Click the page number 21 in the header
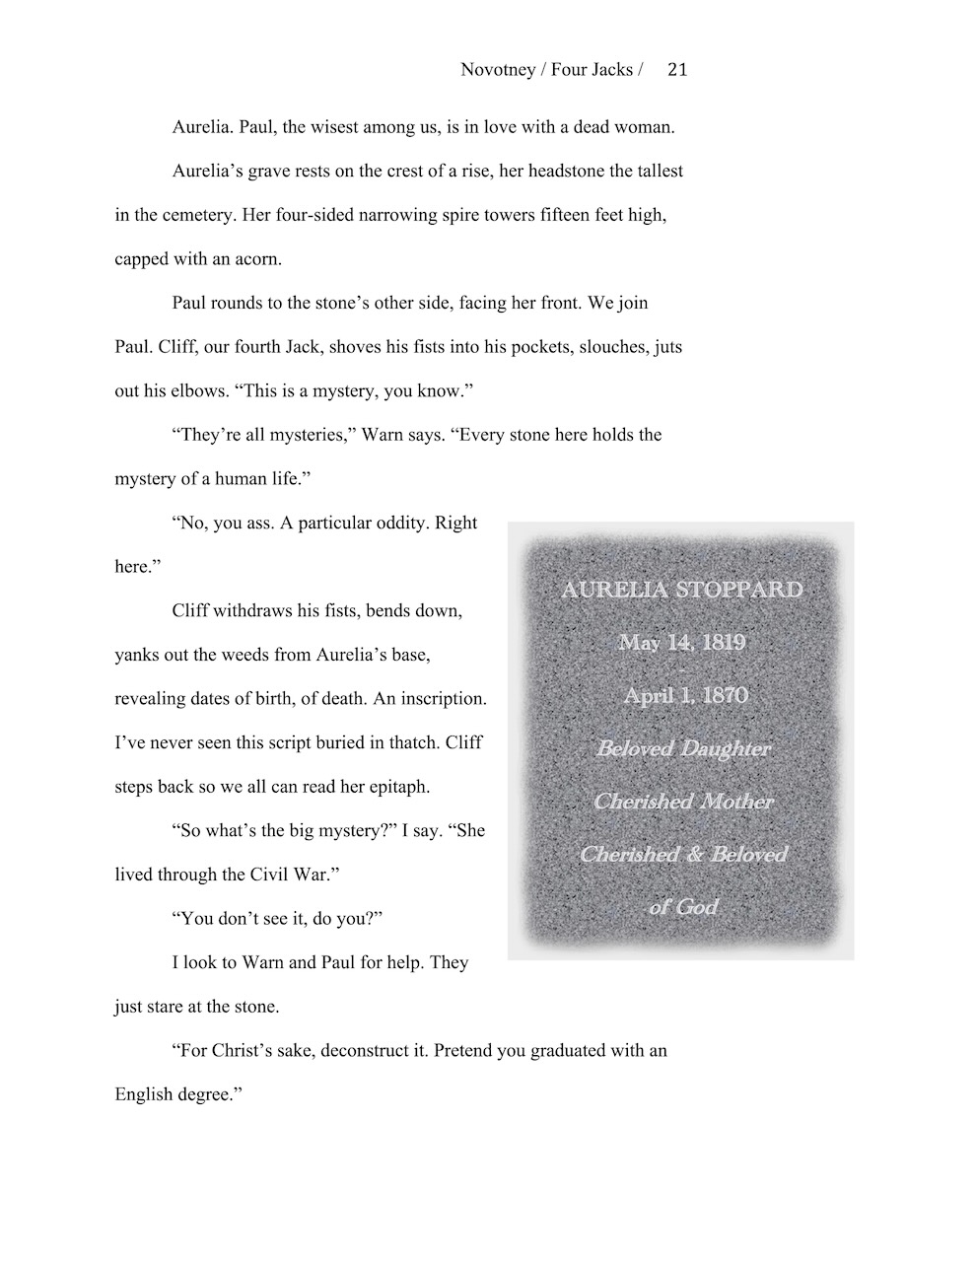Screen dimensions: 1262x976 click(x=677, y=70)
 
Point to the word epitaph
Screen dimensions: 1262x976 click(x=395, y=787)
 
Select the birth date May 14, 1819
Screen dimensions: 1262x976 click(x=681, y=643)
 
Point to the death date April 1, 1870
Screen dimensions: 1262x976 click(x=685, y=696)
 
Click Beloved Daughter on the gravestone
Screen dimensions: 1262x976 click(x=683, y=748)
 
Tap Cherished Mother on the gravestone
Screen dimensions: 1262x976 click(x=683, y=802)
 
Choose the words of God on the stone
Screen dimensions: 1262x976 click(x=683, y=907)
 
